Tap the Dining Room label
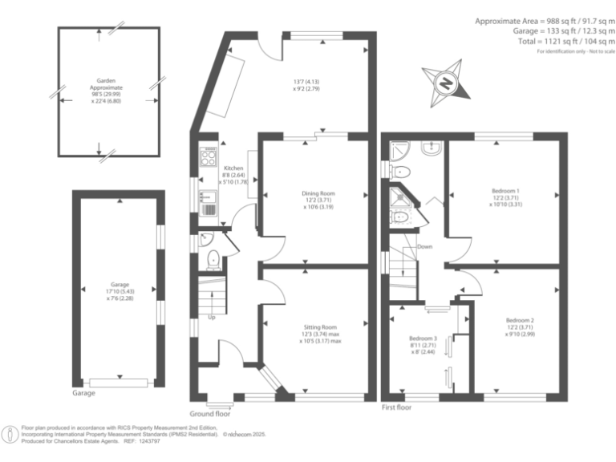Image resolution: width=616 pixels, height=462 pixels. click(x=318, y=193)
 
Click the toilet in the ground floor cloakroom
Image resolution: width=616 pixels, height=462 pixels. click(x=213, y=258)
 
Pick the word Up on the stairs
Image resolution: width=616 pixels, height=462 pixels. click(x=212, y=317)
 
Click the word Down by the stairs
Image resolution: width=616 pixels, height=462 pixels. click(x=424, y=246)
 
